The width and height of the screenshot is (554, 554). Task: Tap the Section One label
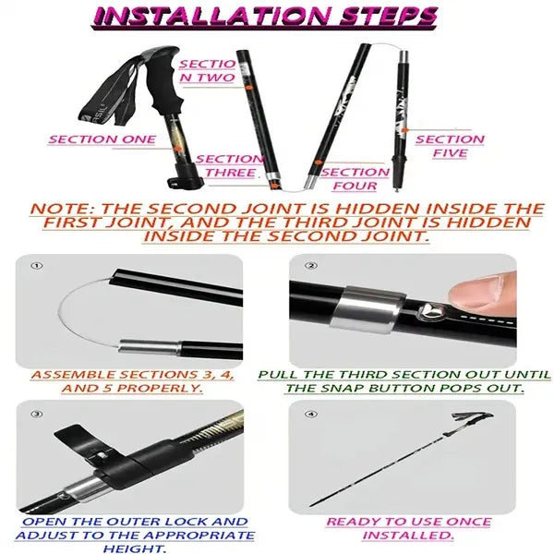[102, 139]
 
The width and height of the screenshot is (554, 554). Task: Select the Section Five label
[450, 146]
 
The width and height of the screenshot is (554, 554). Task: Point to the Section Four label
[355, 178]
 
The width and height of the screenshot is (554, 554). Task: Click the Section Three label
[230, 165]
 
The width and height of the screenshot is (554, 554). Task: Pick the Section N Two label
[208, 71]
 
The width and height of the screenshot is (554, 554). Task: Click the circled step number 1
[37, 267]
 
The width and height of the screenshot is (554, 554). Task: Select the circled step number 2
[312, 267]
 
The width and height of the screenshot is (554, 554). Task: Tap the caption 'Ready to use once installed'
[407, 528]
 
